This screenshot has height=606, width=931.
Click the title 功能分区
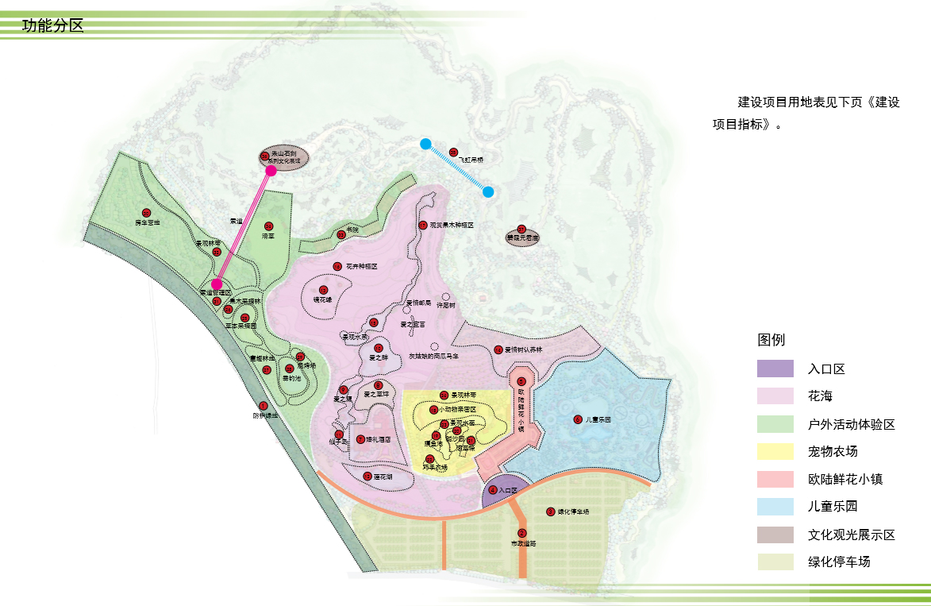(x=52, y=26)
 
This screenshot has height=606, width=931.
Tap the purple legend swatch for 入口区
(x=775, y=369)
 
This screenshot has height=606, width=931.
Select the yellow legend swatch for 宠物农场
(x=775, y=451)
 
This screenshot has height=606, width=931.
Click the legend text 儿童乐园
(x=833, y=506)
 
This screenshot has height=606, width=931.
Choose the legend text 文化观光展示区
(x=851, y=535)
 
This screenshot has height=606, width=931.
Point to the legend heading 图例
(x=771, y=340)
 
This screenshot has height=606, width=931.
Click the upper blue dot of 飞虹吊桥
(x=425, y=144)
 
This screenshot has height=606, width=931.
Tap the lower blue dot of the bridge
(x=488, y=191)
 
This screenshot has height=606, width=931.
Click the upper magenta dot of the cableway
(x=271, y=170)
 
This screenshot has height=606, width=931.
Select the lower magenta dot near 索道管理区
(x=216, y=284)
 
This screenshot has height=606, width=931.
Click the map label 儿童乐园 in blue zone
(x=598, y=419)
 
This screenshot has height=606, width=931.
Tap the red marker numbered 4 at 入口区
(x=493, y=490)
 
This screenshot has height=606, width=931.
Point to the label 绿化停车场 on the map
(x=573, y=511)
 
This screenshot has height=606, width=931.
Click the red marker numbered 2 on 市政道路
(x=521, y=533)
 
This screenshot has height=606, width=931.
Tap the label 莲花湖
(x=383, y=477)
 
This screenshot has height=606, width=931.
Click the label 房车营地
(x=147, y=223)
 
